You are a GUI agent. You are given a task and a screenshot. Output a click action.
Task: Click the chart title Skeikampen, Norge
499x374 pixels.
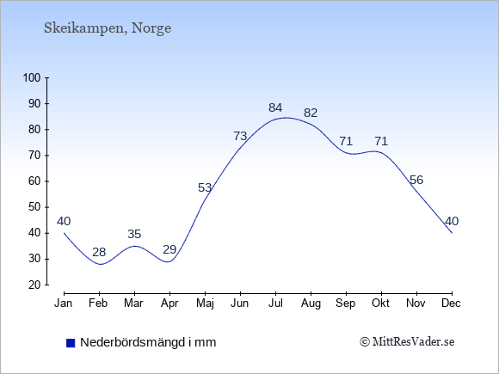pos(108,28)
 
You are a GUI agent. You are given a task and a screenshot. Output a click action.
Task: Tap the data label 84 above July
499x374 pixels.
pos(275,107)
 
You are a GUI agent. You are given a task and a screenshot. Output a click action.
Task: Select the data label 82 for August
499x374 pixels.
pos(311,113)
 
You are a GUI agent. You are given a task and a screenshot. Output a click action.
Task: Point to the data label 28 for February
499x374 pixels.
pos(99,252)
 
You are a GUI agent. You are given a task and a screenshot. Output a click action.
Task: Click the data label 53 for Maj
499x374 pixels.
pos(205,187)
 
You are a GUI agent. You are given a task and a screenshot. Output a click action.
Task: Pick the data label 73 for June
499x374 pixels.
pos(240,136)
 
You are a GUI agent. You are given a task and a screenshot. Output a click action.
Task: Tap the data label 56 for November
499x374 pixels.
pos(416,180)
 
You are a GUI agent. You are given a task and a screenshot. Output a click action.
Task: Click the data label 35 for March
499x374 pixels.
pos(134,234)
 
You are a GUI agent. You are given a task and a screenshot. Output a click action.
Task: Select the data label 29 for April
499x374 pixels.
pos(169,249)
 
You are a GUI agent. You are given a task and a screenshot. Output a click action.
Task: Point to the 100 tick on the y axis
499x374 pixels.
pos(32,77)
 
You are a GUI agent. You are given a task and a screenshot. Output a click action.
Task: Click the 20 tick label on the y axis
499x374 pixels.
pos(34,285)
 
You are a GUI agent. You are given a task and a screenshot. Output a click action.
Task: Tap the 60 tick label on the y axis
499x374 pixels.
pos(34,181)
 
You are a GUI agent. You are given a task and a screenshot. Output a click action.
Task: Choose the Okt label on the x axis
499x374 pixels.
pos(380,303)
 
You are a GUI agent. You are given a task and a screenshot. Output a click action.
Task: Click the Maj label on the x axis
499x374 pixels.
pos(205,303)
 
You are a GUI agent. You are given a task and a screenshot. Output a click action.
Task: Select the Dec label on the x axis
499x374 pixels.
pos(452,303)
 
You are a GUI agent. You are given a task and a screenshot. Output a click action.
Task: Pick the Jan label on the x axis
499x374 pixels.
pos(64,303)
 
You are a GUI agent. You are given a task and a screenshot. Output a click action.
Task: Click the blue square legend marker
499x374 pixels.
pos(71,343)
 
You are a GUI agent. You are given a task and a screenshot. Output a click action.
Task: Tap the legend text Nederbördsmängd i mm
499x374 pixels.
pos(148,342)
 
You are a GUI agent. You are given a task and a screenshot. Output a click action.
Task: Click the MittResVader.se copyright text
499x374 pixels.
pos(407,342)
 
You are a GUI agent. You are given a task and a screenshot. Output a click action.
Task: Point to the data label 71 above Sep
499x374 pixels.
pos(346,141)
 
